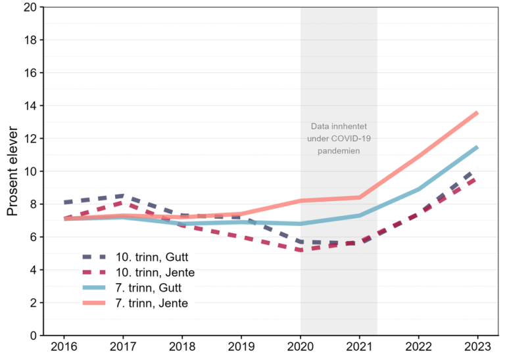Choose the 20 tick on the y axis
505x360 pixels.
pyautogui.click(x=30, y=7)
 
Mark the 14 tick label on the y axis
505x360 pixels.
pyautogui.click(x=30, y=106)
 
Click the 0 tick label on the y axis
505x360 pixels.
pyautogui.click(x=33, y=336)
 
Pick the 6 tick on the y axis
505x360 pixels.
pyautogui.click(x=33, y=237)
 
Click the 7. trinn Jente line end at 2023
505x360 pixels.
pyautogui.click(x=477, y=112)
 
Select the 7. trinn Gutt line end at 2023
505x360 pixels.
pyautogui.click(x=477, y=147)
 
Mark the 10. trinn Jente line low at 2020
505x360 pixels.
pyautogui.click(x=301, y=250)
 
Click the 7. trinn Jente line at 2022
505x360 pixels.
pyautogui.click(x=419, y=156)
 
